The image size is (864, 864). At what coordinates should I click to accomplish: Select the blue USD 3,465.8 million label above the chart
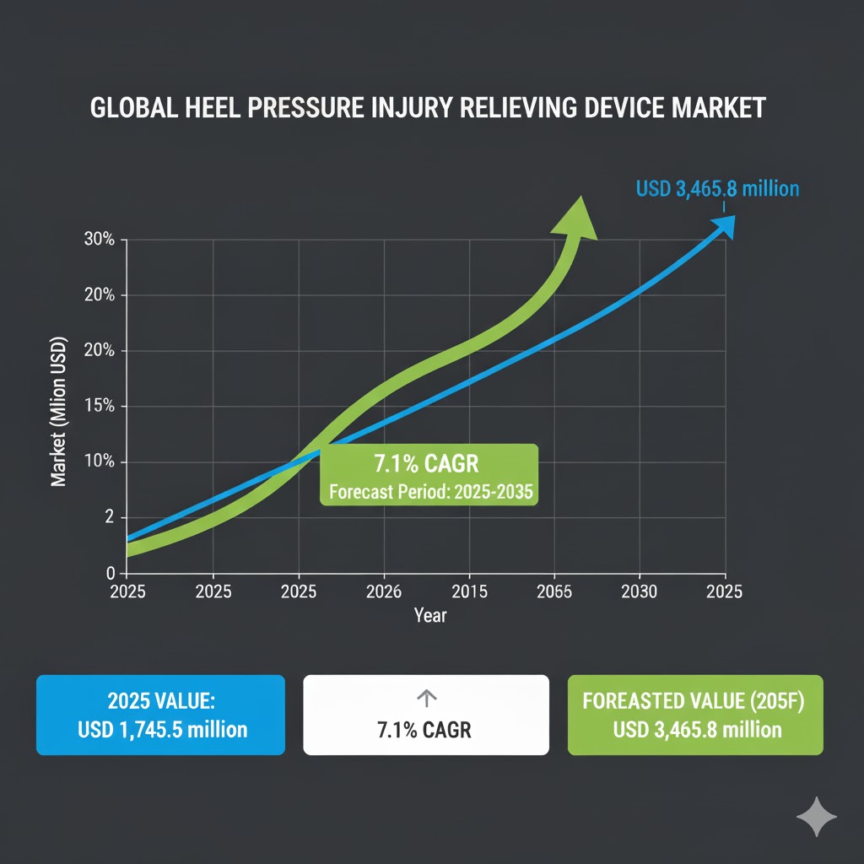point(717,187)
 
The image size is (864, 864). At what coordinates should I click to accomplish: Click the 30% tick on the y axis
point(100,240)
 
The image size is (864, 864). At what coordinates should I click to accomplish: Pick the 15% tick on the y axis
point(100,407)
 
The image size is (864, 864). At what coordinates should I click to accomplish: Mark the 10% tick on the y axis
point(100,462)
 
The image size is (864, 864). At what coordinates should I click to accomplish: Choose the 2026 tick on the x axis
point(384,591)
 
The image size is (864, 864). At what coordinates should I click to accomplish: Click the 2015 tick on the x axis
point(469,591)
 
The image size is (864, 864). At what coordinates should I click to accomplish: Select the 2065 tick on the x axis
point(554,591)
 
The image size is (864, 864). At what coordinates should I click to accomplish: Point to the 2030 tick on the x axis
point(640,591)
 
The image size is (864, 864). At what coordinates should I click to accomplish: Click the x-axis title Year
point(430,615)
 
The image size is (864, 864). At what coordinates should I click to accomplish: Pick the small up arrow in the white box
point(426,698)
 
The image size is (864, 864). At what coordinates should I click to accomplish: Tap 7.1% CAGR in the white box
point(426,730)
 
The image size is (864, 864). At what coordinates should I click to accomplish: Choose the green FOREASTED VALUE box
point(695,714)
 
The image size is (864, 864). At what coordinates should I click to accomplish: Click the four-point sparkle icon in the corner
point(817,817)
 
